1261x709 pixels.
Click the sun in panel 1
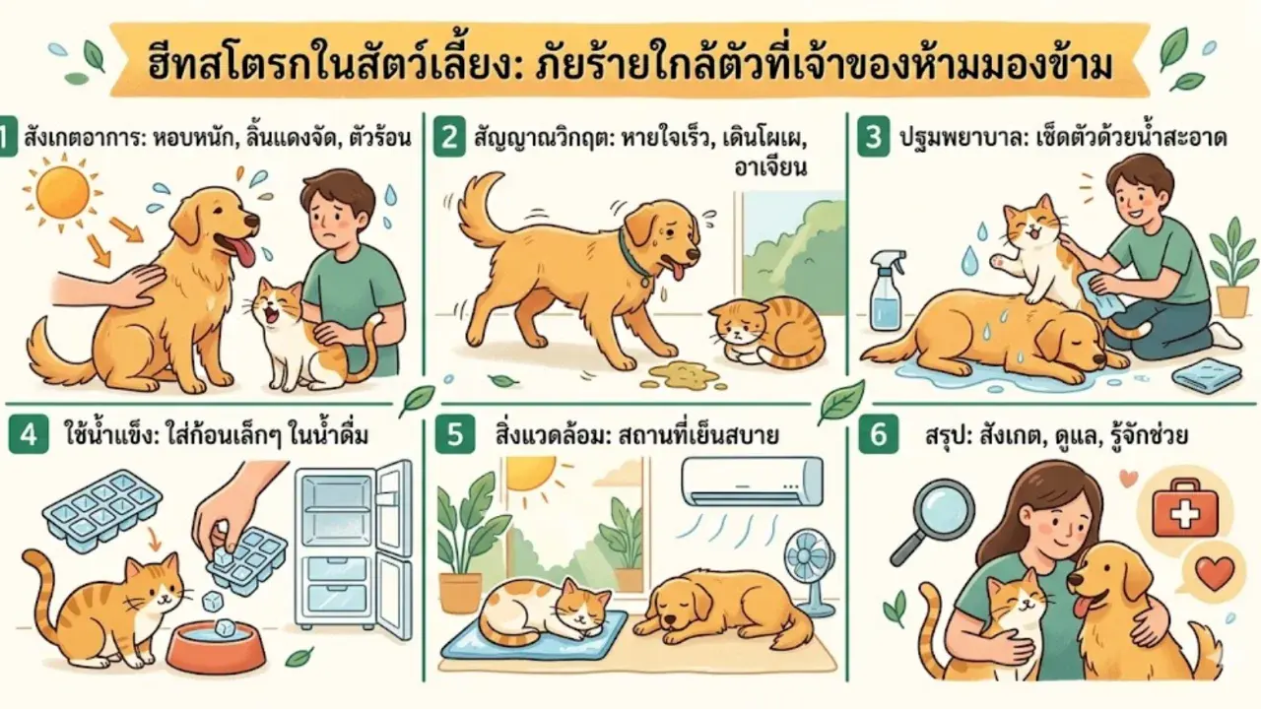coord(62,191)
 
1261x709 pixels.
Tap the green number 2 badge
coord(449,137)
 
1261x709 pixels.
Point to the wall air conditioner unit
coord(752,483)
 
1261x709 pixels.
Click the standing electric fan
coord(811,573)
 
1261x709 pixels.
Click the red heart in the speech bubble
coord(1215,572)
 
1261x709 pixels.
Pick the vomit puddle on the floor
coord(683,376)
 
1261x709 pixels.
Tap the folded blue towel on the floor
coord(1206,375)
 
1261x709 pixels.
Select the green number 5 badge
coord(455,434)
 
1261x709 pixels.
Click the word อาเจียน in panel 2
coord(770,167)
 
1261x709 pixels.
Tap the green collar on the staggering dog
coord(632,257)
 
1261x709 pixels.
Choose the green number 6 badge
coord(878,434)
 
